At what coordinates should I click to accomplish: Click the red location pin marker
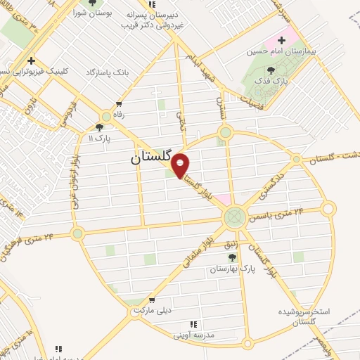tap(181, 165)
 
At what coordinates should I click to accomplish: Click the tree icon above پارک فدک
tap(271, 70)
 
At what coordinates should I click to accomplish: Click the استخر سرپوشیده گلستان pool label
tap(304, 316)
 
